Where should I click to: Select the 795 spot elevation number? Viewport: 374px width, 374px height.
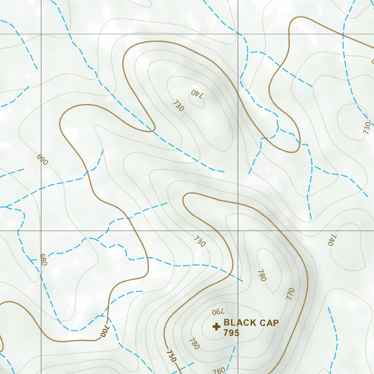click(x=231, y=333)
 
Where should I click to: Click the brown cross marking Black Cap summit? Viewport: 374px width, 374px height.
click(x=216, y=326)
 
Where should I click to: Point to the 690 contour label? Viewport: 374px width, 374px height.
click(x=42, y=160)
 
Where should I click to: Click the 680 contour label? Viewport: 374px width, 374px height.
click(x=43, y=260)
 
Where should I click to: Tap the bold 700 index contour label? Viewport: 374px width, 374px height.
click(x=105, y=331)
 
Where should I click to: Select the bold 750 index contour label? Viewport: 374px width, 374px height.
click(x=171, y=356)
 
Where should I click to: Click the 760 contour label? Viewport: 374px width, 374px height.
click(x=219, y=370)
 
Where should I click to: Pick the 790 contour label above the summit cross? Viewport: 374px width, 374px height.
click(x=217, y=312)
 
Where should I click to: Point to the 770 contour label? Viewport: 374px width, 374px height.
click(x=290, y=294)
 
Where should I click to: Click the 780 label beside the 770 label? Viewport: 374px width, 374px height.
click(x=262, y=275)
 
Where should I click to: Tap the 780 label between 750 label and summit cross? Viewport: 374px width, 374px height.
click(x=194, y=343)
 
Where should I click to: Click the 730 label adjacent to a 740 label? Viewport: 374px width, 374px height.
click(x=179, y=106)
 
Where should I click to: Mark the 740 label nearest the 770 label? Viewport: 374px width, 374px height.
click(x=332, y=240)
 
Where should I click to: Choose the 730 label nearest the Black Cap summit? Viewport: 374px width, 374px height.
click(x=199, y=241)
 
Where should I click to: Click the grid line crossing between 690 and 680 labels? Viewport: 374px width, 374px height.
click(x=41, y=231)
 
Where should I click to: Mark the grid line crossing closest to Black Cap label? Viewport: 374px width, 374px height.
click(x=238, y=231)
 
